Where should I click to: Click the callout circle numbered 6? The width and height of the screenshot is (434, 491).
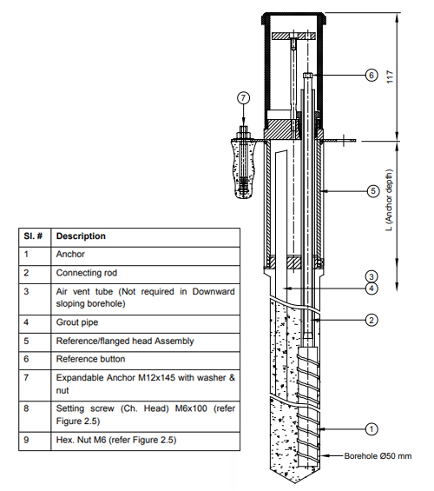(x=371, y=76)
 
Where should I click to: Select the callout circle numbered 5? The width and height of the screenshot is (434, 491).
(x=371, y=190)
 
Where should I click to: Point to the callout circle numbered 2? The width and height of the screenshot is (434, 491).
(x=371, y=320)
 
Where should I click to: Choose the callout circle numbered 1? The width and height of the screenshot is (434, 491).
(x=371, y=428)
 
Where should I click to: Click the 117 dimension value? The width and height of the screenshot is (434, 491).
(x=402, y=76)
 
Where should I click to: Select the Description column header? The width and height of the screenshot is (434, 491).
(x=81, y=236)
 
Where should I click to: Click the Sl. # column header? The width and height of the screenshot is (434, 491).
(x=33, y=236)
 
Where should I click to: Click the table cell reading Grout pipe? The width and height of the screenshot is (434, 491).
(x=78, y=322)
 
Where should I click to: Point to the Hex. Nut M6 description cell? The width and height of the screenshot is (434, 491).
(x=117, y=441)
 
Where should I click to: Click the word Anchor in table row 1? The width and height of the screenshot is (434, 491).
(x=70, y=255)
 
